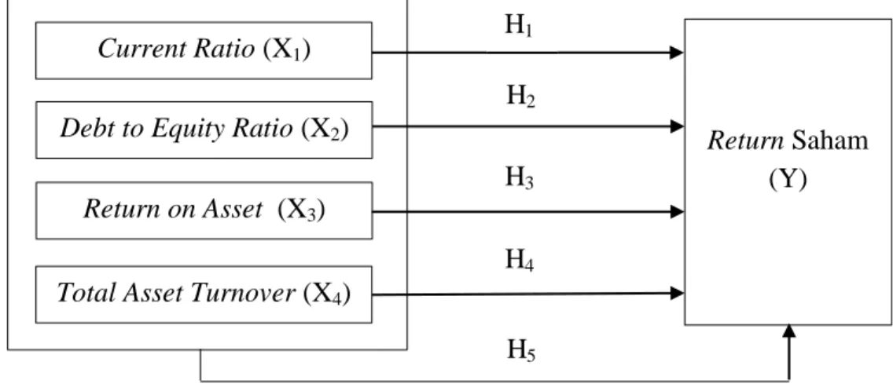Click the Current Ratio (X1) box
(x=204, y=51)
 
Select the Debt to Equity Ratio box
(x=204, y=130)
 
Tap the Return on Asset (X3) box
(x=204, y=210)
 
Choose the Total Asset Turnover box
(x=204, y=294)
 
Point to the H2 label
(x=520, y=97)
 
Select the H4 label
(x=520, y=261)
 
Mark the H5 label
(x=521, y=351)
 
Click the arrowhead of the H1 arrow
(x=677, y=53)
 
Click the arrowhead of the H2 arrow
(x=677, y=126)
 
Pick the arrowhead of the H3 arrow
(x=677, y=212)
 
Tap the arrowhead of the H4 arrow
(x=677, y=293)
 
